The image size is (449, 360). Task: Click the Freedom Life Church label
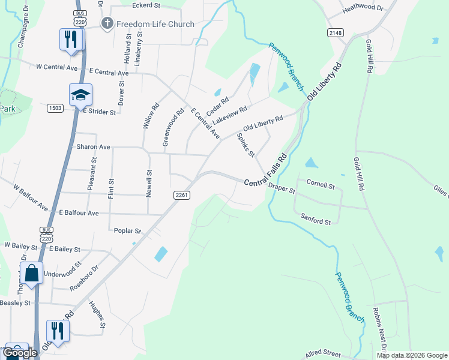click(155, 24)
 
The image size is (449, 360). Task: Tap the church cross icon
click(107, 24)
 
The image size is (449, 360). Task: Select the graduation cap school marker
click(80, 95)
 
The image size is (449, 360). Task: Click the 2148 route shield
click(335, 32)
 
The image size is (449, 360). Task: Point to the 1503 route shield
click(55, 107)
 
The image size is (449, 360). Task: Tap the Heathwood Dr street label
click(363, 8)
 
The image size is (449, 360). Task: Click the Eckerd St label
click(146, 5)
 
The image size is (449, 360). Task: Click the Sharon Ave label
click(93, 146)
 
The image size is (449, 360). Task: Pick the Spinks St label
click(246, 145)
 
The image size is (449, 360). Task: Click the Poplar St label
click(127, 230)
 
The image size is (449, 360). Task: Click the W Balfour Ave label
click(31, 197)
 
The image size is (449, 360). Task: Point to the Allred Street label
click(323, 354)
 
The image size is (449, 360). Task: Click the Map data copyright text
click(411, 355)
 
